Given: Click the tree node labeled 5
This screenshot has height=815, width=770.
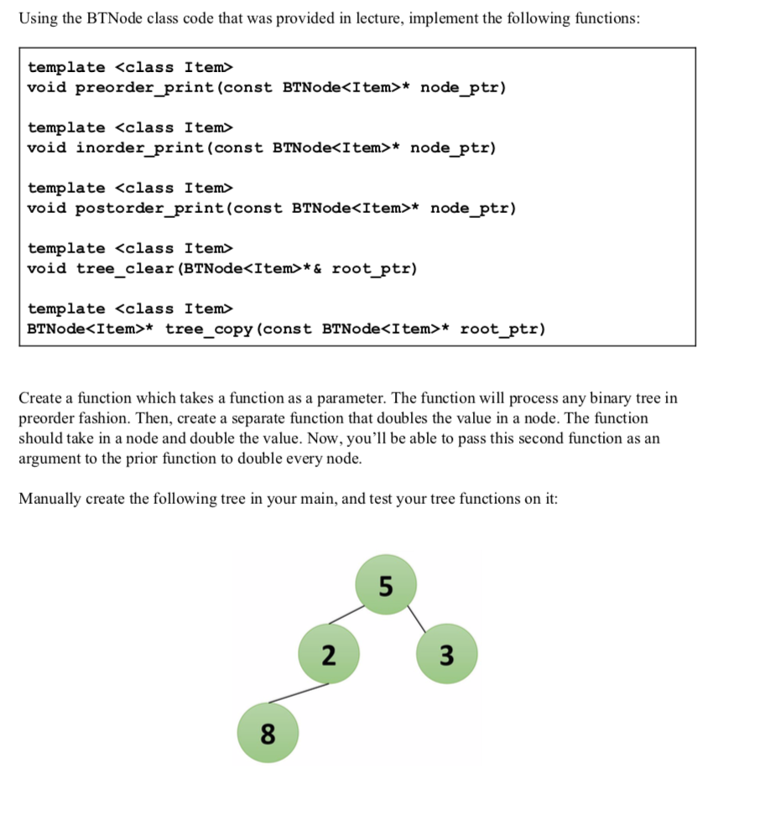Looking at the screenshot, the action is tap(385, 586).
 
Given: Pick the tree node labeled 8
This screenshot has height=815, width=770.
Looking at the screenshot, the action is tap(268, 734).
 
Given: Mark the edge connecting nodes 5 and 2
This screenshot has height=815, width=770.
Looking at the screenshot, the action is tap(346, 615).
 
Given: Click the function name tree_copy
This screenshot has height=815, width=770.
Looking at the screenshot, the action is tap(209, 330).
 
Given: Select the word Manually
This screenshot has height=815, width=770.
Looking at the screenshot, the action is tap(49, 499).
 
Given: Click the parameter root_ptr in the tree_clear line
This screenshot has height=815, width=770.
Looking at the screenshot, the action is tap(373, 269).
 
